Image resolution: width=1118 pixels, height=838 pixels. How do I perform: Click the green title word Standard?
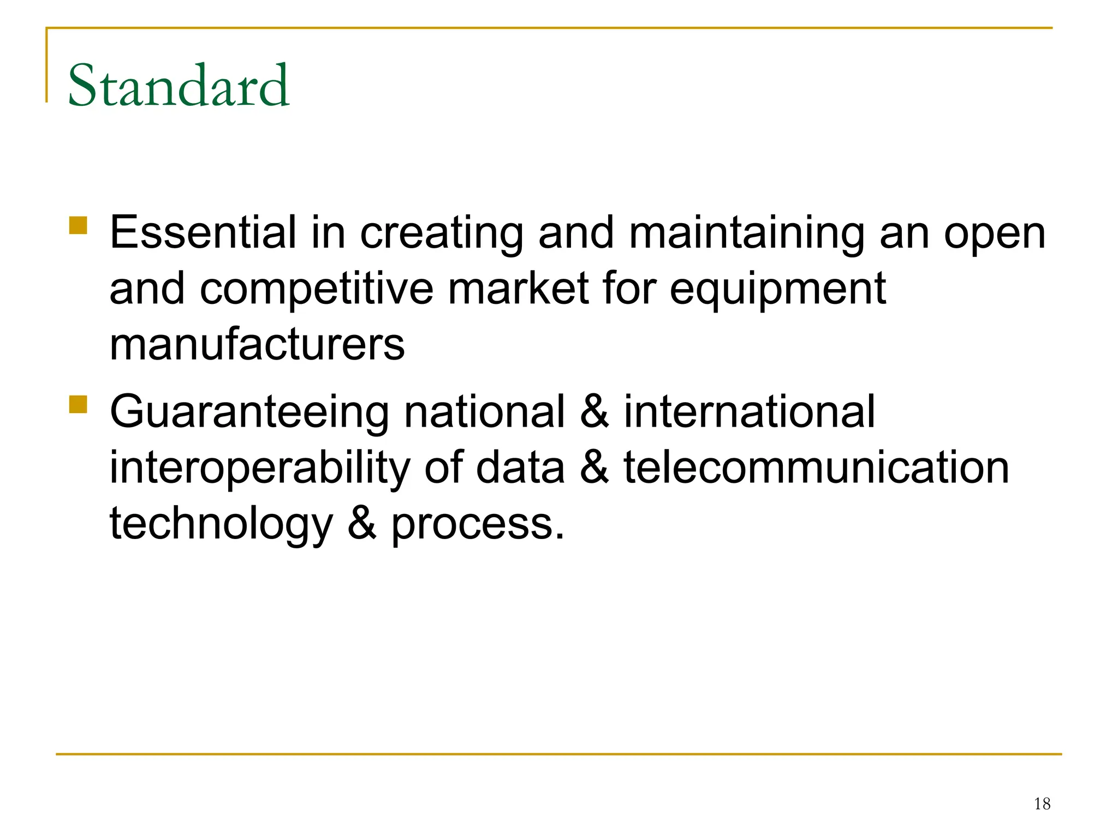[179, 86]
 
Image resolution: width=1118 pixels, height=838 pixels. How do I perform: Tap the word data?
[520, 468]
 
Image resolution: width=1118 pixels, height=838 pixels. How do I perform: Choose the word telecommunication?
[817, 468]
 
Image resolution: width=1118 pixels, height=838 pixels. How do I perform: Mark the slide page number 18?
[1042, 804]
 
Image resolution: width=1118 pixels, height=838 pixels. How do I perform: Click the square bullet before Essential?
[79, 225]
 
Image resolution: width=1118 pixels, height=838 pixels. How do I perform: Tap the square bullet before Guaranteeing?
[79, 404]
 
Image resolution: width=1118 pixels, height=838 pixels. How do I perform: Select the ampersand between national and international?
[594, 412]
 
